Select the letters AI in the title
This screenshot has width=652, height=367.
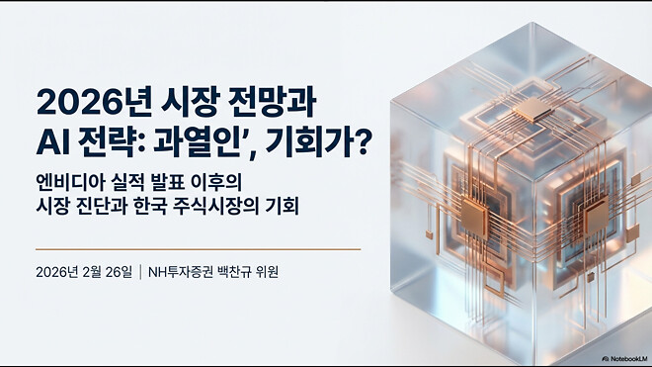tap(49, 144)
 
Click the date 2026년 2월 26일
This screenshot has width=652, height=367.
tap(82, 271)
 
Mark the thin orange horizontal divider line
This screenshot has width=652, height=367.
tap(198, 249)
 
